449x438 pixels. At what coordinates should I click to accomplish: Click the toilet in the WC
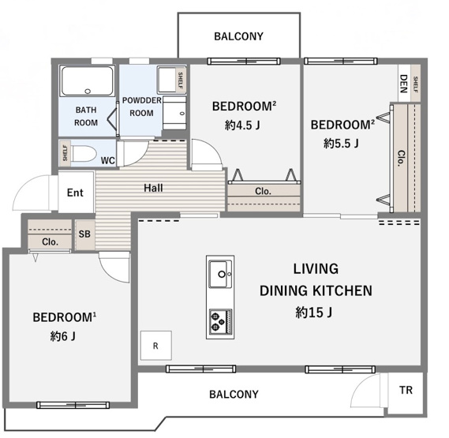[x=83, y=154]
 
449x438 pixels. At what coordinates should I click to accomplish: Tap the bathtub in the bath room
[x=88, y=81]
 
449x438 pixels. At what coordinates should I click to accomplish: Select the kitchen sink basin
[x=220, y=274]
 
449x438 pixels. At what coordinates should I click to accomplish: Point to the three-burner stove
[x=220, y=322]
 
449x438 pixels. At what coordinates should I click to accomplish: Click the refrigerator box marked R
[x=156, y=346]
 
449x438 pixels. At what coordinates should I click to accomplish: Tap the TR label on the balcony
[x=406, y=390]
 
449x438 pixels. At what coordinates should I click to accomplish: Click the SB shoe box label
[x=84, y=234]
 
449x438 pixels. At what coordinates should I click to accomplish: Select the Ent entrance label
[x=75, y=193]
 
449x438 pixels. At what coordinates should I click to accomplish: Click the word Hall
[x=154, y=188]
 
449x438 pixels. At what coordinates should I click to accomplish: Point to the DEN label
[x=403, y=84]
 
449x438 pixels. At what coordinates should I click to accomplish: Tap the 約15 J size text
[x=313, y=313]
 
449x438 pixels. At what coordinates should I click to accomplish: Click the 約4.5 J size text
[x=242, y=125]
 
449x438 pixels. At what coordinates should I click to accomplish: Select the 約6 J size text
[x=62, y=336]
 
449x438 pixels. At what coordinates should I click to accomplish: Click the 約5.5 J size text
[x=341, y=143]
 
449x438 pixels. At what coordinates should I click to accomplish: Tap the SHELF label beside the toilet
[x=65, y=152]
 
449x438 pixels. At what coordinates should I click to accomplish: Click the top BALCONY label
[x=238, y=36]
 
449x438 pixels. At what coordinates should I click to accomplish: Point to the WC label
[x=108, y=161]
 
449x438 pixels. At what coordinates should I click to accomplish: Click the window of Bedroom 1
[x=73, y=405]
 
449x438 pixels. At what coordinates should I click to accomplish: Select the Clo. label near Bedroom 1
[x=50, y=242]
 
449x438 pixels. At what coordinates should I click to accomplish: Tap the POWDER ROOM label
[x=142, y=107]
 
